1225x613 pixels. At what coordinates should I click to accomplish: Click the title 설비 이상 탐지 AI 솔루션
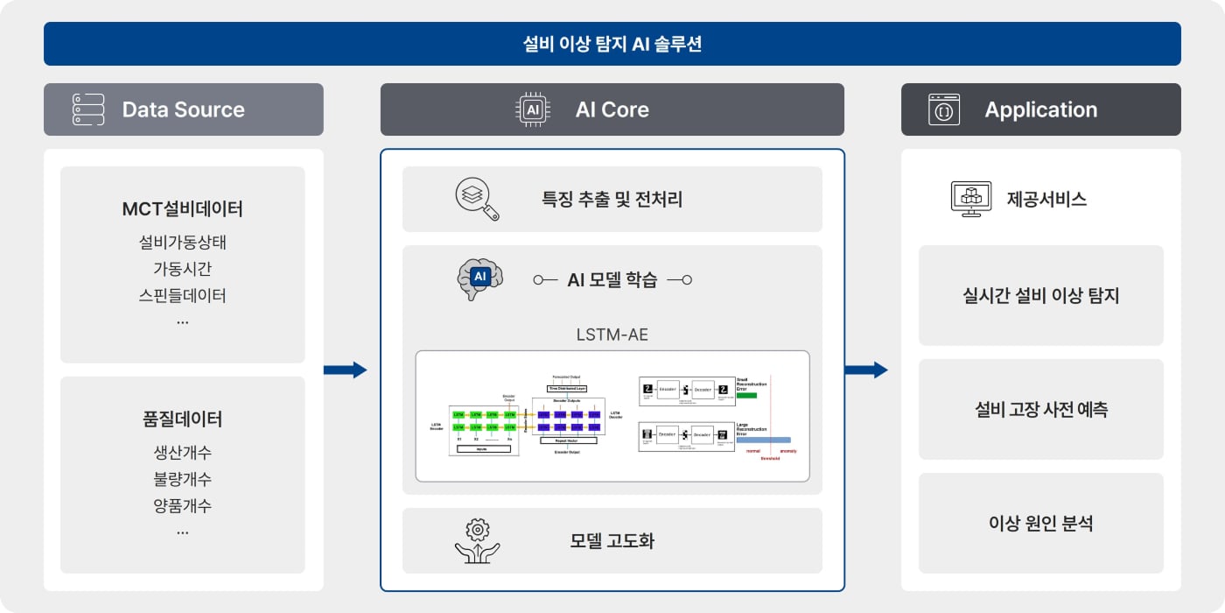(x=612, y=44)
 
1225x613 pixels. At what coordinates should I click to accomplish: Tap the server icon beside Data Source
(x=88, y=109)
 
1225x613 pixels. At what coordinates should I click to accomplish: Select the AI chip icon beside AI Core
(x=533, y=109)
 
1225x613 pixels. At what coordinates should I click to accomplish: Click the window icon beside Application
(x=944, y=109)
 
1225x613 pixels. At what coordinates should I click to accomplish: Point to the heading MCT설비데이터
(x=183, y=209)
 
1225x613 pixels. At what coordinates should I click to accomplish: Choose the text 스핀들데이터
(x=183, y=295)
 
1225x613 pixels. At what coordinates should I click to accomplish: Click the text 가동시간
(x=183, y=269)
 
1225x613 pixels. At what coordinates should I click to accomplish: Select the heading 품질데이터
(x=183, y=419)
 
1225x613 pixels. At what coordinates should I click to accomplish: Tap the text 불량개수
(x=183, y=479)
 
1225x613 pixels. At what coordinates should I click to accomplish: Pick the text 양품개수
(x=183, y=505)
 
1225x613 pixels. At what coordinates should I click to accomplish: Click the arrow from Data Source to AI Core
(x=345, y=370)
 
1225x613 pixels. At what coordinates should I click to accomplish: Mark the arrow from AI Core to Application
(x=865, y=370)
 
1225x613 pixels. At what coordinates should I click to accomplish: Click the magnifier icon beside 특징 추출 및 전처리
(x=477, y=199)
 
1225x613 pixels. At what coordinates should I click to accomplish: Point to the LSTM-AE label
(x=612, y=334)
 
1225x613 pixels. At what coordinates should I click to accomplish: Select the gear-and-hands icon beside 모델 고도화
(x=477, y=540)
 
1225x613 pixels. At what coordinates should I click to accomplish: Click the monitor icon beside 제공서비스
(x=970, y=199)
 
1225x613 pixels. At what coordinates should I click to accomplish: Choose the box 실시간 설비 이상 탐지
(x=1041, y=296)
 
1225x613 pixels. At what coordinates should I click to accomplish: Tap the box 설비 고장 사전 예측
(x=1041, y=410)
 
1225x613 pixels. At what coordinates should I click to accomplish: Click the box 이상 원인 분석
(x=1041, y=524)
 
